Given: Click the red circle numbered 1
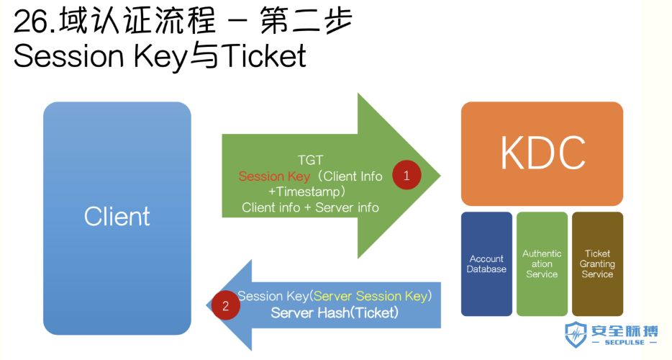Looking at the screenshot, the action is point(407,175).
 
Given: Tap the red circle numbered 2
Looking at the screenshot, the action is point(225,305).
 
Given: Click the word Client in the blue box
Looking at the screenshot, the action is point(117,216).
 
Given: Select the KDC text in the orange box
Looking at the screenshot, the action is point(542,153).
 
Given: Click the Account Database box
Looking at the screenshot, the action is point(486,264).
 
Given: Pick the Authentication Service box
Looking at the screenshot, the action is point(542,264).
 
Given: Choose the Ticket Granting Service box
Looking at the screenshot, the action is point(597,264).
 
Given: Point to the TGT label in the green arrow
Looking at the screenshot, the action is point(310,160).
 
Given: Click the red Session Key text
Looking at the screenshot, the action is point(274,176).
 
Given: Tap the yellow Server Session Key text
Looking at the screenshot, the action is point(371,296).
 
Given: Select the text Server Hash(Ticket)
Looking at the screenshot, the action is point(335,312).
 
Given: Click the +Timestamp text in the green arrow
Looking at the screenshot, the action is point(307,192).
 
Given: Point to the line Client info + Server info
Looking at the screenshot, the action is point(310,207).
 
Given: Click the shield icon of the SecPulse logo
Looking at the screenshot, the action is point(575,335).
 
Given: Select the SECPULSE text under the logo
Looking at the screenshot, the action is point(625,343).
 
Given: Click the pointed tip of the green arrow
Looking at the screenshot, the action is point(440,175).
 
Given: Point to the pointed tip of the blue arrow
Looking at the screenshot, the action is point(206,305).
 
